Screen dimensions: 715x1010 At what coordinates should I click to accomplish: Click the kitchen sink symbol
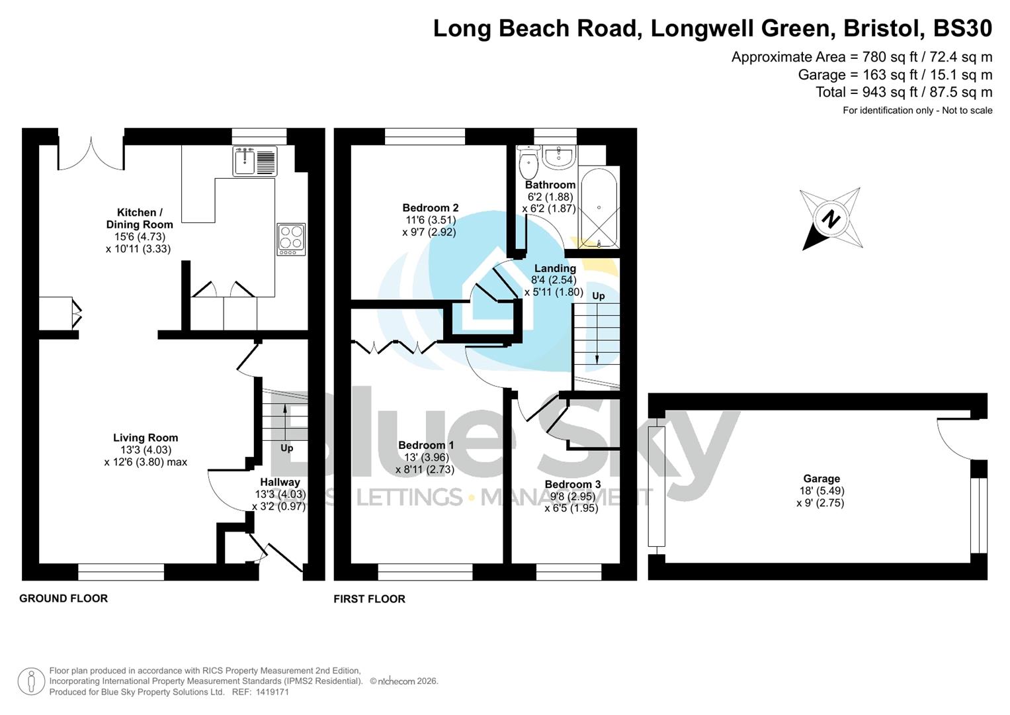255,161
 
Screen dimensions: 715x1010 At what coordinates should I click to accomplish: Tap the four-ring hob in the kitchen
291,239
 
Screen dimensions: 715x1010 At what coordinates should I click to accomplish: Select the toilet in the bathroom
528,162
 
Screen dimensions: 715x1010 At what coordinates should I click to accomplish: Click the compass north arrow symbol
831,219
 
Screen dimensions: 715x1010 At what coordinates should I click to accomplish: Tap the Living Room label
146,438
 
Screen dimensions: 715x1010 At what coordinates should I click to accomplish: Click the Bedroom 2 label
430,208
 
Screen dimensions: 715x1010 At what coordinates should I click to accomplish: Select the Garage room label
821,479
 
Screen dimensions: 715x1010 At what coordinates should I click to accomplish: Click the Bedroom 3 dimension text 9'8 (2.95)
572,497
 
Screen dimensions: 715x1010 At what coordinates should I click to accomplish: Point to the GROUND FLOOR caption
63,598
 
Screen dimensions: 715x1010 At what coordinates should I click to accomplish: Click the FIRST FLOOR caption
369,599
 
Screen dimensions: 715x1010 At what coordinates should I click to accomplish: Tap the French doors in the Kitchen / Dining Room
91,154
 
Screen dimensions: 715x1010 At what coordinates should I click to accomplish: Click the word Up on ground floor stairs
286,448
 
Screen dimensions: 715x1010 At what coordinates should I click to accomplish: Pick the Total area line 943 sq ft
904,92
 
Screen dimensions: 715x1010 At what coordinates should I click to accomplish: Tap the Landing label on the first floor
555,268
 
